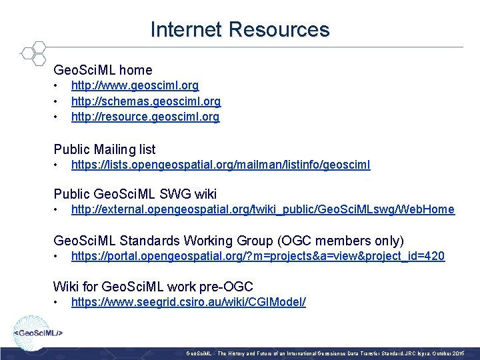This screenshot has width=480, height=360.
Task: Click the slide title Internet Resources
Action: (x=240, y=30)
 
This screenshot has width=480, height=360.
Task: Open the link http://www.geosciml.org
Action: (x=135, y=86)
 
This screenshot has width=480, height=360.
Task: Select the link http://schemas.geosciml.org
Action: (x=145, y=101)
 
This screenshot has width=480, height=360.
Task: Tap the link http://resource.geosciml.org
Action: (x=145, y=117)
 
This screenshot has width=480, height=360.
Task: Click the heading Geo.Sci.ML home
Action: (x=103, y=70)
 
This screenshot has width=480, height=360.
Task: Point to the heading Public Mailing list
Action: (x=105, y=149)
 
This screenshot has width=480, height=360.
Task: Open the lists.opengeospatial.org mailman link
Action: (x=221, y=165)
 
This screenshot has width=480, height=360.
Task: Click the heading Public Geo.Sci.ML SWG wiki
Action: (x=135, y=194)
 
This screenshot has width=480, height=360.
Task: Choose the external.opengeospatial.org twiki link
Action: (x=263, y=209)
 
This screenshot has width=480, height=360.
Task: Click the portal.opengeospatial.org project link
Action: (x=257, y=256)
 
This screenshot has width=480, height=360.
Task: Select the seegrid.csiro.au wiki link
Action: (x=189, y=302)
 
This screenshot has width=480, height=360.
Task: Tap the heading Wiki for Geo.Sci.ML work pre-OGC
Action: (x=153, y=287)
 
